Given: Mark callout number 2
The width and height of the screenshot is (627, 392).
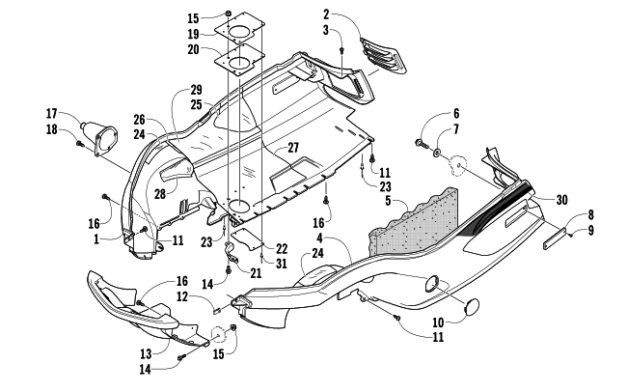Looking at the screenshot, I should [x=327, y=14].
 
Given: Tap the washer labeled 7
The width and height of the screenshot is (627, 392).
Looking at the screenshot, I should [x=439, y=154].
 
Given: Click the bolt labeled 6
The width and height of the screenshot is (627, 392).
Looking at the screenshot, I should [x=422, y=146].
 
